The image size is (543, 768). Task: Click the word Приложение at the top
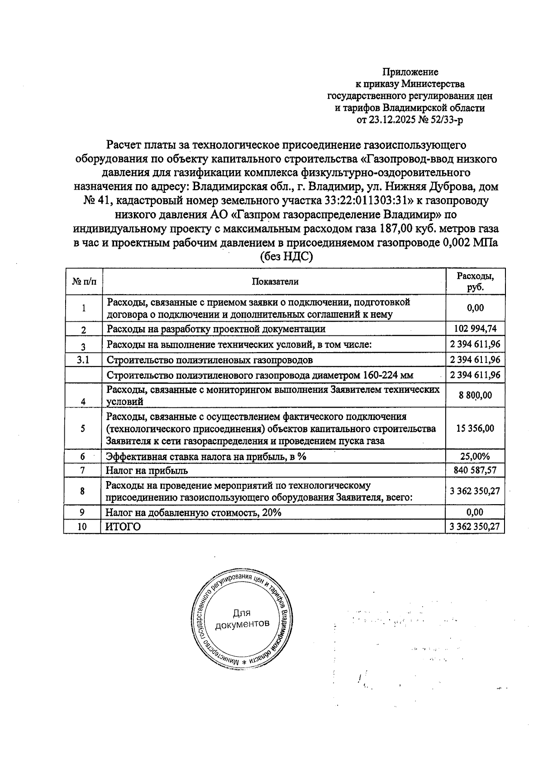click(410, 72)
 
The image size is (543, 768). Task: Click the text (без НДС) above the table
click(286, 257)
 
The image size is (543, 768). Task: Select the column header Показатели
click(275, 281)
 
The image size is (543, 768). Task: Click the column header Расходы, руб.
click(475, 281)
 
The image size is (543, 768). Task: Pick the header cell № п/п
click(84, 281)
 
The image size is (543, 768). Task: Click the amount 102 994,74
click(475, 329)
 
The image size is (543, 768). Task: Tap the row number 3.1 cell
click(84, 360)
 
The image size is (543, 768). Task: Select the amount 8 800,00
click(475, 396)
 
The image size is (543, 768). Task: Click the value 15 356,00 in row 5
click(475, 428)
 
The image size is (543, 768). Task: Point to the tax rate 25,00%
click(475, 456)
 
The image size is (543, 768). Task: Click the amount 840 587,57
click(475, 470)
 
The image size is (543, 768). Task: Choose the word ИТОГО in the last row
click(123, 527)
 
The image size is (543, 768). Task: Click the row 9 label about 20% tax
click(193, 512)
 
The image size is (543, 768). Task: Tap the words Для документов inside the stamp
click(242, 619)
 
